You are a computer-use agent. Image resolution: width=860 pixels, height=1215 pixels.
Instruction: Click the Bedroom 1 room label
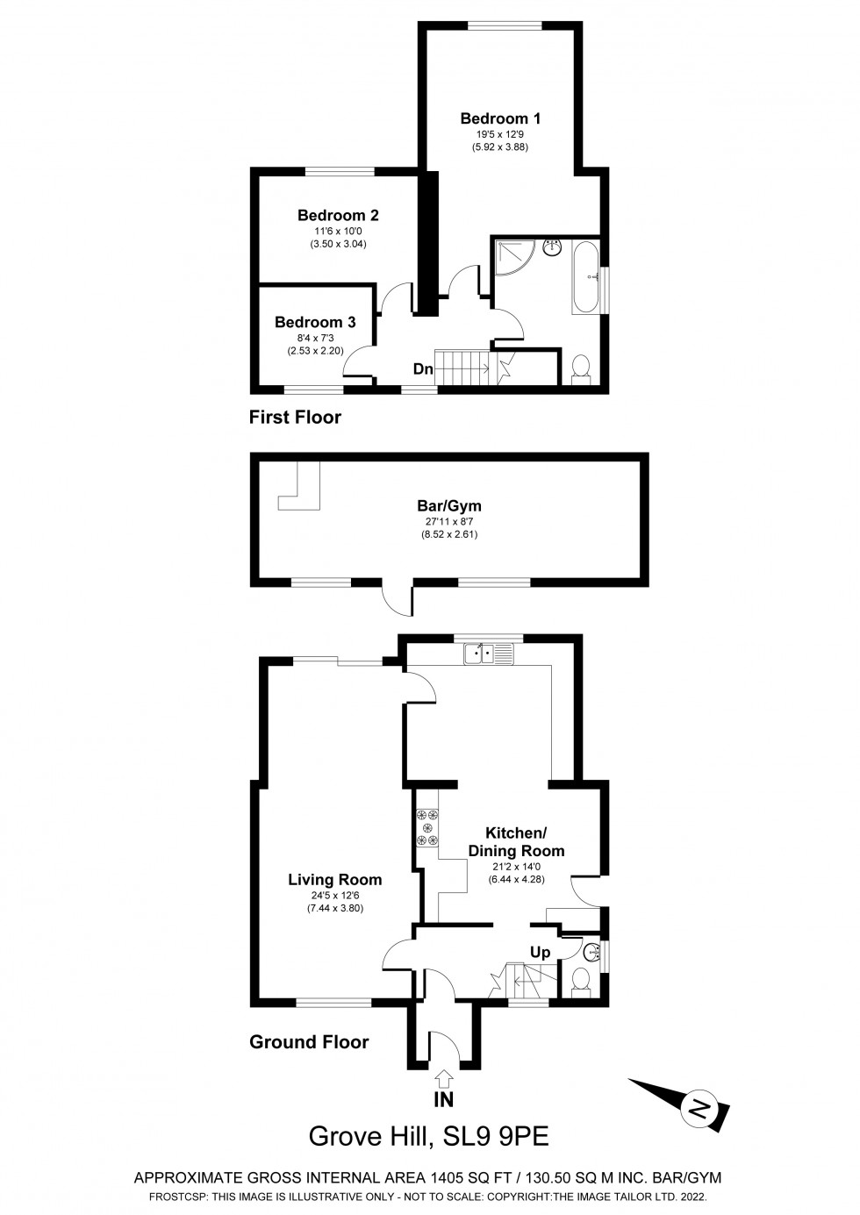point(500,118)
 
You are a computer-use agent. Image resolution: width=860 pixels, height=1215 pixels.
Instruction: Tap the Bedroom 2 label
point(338,215)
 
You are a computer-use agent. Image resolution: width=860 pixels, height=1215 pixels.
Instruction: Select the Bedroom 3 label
point(315,322)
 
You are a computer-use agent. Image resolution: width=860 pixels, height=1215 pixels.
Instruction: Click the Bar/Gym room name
point(449,506)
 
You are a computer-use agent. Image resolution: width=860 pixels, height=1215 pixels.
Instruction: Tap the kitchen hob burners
point(427,827)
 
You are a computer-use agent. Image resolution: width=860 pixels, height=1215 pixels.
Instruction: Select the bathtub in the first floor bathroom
point(585,278)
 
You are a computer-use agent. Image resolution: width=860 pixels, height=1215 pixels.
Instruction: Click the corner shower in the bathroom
point(512,260)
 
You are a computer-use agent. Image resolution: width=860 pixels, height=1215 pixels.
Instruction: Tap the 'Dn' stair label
point(423,369)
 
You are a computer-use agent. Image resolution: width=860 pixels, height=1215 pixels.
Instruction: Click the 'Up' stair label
point(541,953)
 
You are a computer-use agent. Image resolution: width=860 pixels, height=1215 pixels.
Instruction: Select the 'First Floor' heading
point(295,417)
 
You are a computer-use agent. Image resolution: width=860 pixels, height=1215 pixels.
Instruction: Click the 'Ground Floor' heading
point(309,1042)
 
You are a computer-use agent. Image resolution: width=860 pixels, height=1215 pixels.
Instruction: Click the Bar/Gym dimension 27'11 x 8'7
point(449,522)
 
